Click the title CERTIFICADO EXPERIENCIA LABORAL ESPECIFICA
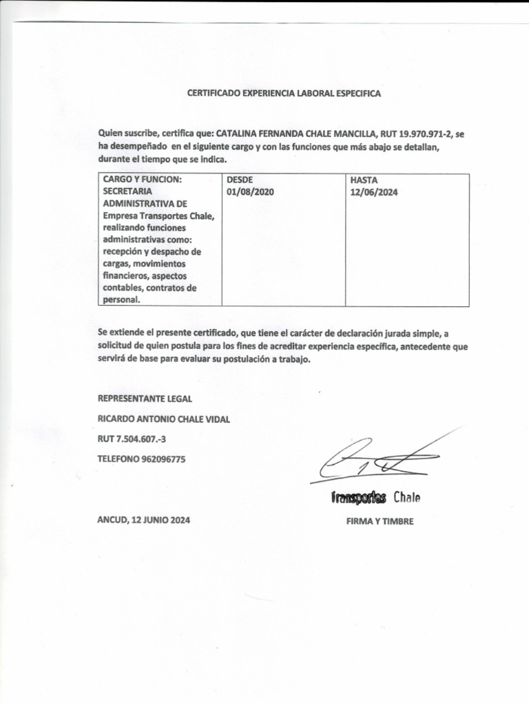(284, 92)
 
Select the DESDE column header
(239, 180)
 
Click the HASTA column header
(364, 180)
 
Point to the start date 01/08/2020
(250, 192)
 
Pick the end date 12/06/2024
(374, 192)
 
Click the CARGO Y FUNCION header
(142, 180)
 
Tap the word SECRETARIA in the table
(127, 192)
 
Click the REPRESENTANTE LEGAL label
(145, 399)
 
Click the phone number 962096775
(163, 459)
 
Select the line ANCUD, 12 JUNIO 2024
(144, 521)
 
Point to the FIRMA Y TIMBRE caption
(380, 522)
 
